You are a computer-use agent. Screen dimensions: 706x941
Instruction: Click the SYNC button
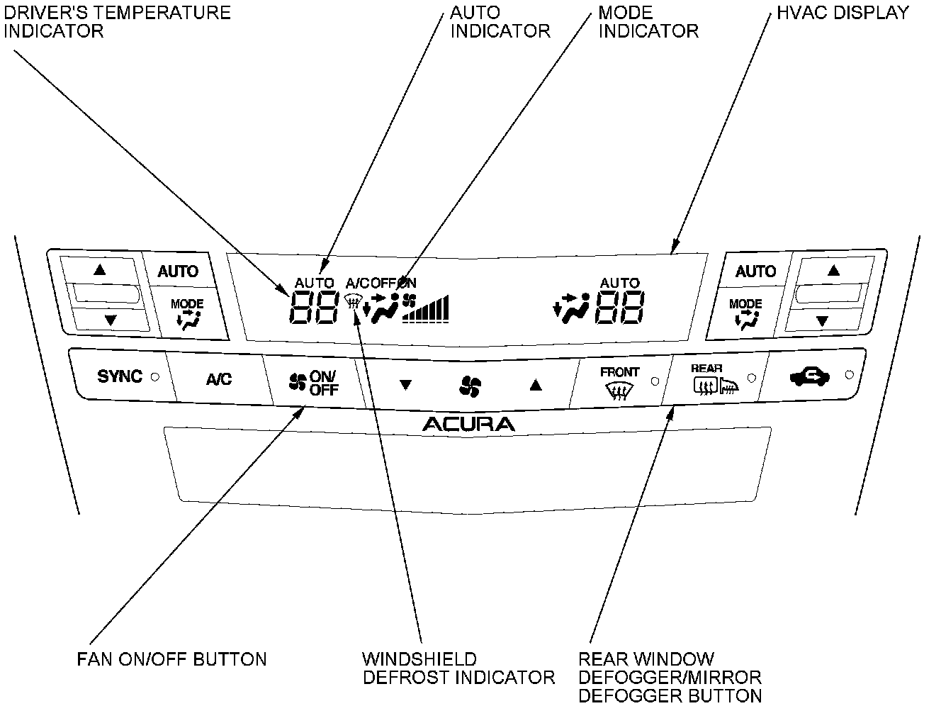pos(120,376)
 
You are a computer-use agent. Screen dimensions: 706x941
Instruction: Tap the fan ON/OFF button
pos(314,383)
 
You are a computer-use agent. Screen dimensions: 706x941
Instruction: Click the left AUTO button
pos(178,271)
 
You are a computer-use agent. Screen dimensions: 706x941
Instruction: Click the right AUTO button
pos(755,271)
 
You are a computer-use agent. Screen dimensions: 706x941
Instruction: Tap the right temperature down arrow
pos(823,321)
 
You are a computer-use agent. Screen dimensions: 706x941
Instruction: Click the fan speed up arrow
pos(536,385)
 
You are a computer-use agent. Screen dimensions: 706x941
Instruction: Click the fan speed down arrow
pos(405,385)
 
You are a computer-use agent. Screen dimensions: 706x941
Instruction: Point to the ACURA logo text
pos(469,425)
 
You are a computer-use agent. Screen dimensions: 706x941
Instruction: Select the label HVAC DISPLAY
pos(843,13)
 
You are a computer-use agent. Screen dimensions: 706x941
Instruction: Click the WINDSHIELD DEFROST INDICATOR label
pos(458,668)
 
